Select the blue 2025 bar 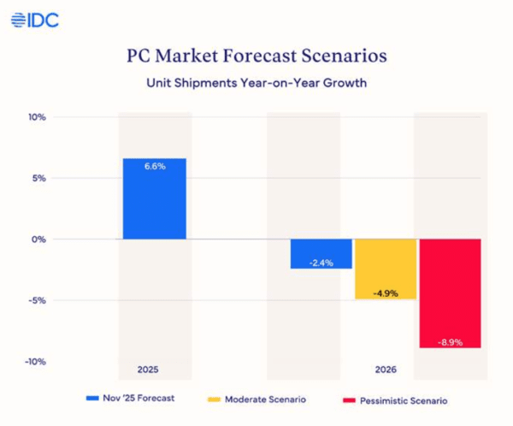(154, 198)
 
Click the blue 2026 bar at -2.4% (321, 253)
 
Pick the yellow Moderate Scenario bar (385, 269)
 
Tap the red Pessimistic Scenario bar (451, 293)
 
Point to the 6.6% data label (154, 167)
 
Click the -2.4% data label (321, 263)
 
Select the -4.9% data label (386, 293)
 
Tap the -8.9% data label (451, 342)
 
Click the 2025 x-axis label (149, 370)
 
